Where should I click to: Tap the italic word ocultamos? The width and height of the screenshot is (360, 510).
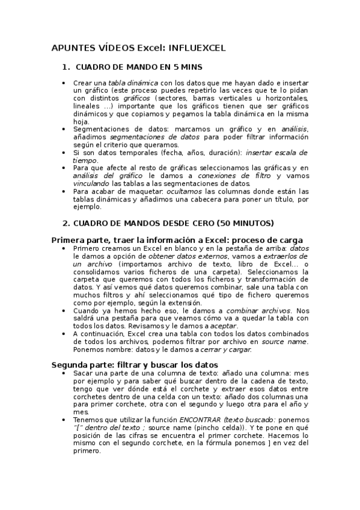click(x=185, y=191)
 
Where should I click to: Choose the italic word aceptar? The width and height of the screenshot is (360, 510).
click(x=224, y=325)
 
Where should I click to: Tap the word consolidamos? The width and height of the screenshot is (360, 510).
click(x=97, y=271)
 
